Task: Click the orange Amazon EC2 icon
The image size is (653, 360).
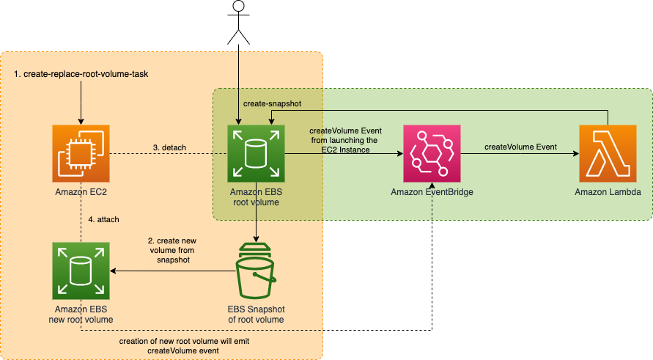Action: [x=81, y=153]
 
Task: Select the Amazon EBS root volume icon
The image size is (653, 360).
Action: [x=256, y=153]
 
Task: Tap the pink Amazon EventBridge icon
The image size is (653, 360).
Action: [x=431, y=153]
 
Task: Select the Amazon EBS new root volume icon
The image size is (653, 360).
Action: [x=81, y=271]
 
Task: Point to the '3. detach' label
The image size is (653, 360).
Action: [x=169, y=147]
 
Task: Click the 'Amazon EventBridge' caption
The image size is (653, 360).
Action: [x=431, y=192]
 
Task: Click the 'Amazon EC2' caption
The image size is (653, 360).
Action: [x=81, y=192]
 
